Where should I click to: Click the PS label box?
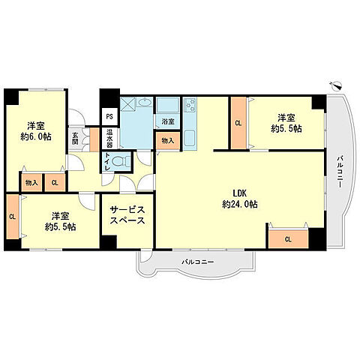click(x=109, y=117)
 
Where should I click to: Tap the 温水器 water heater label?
click(x=109, y=138)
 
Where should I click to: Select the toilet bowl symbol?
click(x=121, y=161)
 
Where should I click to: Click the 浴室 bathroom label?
click(x=168, y=121)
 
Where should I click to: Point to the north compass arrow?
click(x=335, y=85)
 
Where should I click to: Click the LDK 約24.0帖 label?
click(x=240, y=199)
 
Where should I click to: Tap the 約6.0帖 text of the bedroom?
click(x=36, y=136)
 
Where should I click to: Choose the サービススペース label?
click(x=127, y=215)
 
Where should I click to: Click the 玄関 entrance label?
click(x=75, y=138)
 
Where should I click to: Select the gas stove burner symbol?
click(x=190, y=105)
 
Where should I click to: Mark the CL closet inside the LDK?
click(x=288, y=239)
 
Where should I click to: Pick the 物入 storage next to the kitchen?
click(x=168, y=141)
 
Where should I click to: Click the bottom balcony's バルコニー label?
click(x=198, y=262)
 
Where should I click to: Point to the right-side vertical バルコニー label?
click(x=339, y=172)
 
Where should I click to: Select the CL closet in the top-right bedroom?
click(x=238, y=123)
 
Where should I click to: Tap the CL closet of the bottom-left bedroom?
click(x=13, y=217)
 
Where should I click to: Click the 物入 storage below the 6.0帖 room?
click(x=31, y=183)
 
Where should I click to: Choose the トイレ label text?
click(x=107, y=161)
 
